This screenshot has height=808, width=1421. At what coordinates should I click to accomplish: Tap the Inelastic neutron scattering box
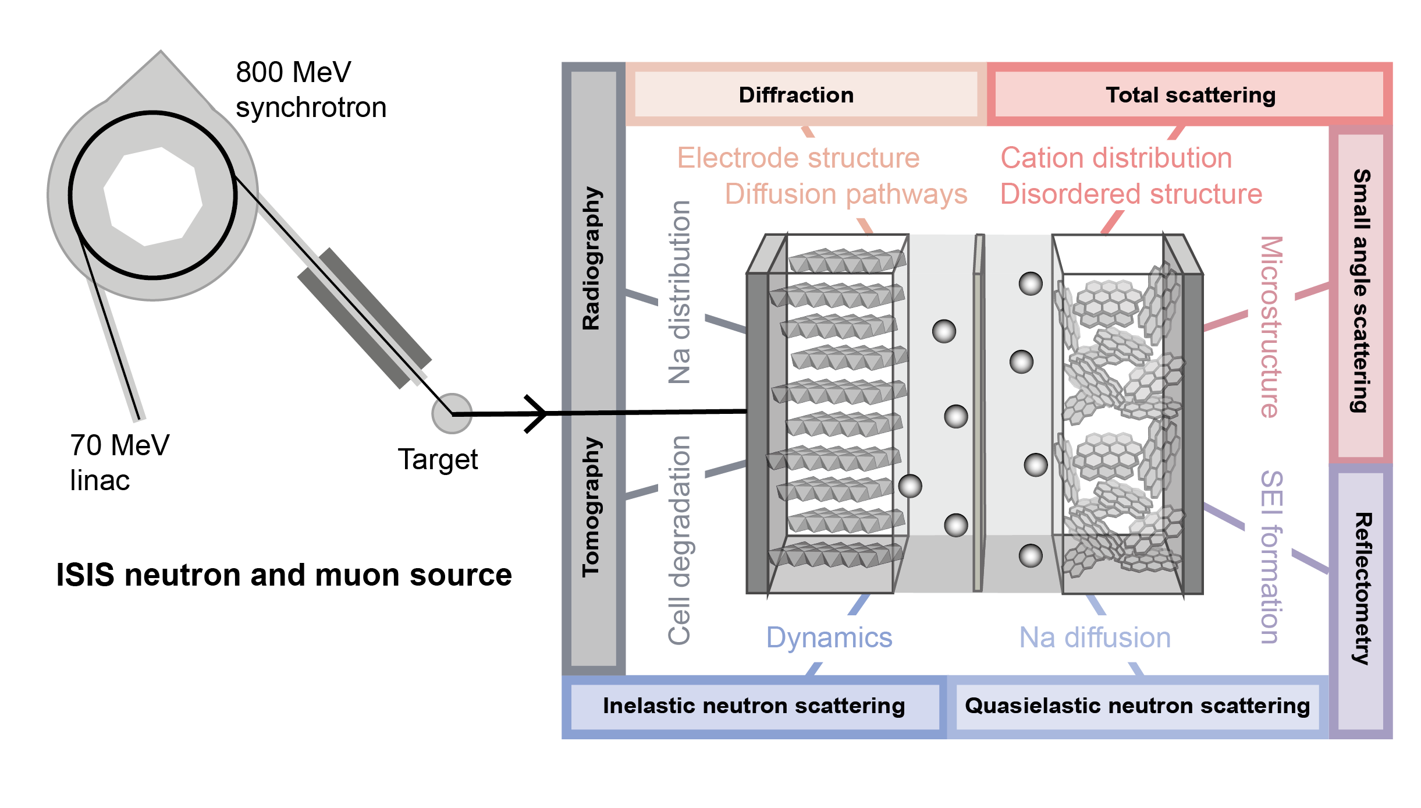pyautogui.click(x=754, y=706)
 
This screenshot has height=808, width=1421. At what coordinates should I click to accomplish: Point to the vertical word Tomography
pyautogui.click(x=592, y=506)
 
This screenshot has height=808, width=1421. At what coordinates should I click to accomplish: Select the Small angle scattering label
pyautogui.click(x=1360, y=291)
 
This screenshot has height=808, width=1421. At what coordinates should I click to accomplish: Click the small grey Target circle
pyautogui.click(x=452, y=413)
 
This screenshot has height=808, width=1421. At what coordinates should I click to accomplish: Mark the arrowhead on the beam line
pyautogui.click(x=538, y=414)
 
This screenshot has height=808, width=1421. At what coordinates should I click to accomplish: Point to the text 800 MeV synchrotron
pyautogui.click(x=310, y=90)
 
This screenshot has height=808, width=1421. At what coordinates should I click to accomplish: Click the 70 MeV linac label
pyautogui.click(x=119, y=463)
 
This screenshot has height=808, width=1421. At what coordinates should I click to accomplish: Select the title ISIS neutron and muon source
pyautogui.click(x=284, y=575)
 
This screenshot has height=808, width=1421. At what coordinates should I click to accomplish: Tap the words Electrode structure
pyautogui.click(x=798, y=158)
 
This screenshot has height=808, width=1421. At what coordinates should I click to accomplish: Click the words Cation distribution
pyautogui.click(x=1116, y=158)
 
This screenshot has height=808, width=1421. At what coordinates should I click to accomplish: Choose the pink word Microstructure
pyautogui.click(x=1270, y=327)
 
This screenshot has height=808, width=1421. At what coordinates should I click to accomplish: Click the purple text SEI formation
pyautogui.click(x=1270, y=557)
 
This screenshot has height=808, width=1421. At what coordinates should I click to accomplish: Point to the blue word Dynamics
pyautogui.click(x=829, y=638)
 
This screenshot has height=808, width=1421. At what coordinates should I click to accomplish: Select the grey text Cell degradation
pyautogui.click(x=679, y=540)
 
